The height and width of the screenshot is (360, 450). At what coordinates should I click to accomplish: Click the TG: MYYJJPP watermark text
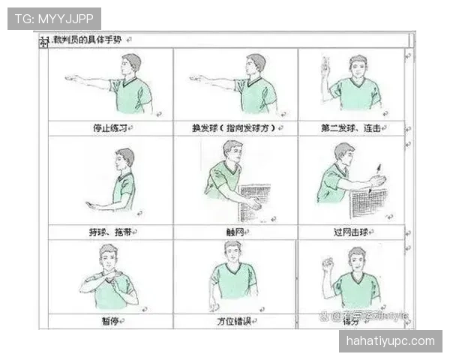(53, 18)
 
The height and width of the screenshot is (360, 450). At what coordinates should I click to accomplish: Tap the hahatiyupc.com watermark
(389, 341)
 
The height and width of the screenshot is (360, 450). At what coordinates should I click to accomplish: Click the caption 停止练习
(109, 128)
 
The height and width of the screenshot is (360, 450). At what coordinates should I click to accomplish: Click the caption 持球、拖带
(109, 232)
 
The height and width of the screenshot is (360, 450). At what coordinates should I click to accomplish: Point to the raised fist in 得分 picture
(327, 264)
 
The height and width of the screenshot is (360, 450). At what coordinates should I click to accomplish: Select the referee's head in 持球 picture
(124, 158)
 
